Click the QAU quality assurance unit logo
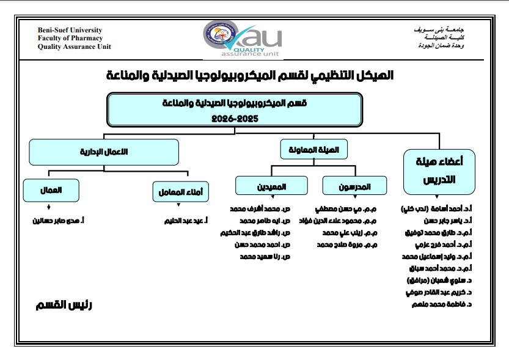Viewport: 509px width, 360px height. click(x=243, y=38)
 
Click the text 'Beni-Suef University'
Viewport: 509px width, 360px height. click(x=70, y=30)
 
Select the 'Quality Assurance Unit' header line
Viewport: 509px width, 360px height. click(x=75, y=46)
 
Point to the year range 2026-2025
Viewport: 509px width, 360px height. click(x=235, y=117)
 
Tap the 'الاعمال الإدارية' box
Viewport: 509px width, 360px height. click(x=103, y=152)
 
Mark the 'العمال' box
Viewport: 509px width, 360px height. click(x=51, y=190)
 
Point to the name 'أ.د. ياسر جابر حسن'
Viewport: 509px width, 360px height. click(x=436, y=220)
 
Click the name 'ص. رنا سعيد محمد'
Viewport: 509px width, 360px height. click(x=265, y=257)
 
